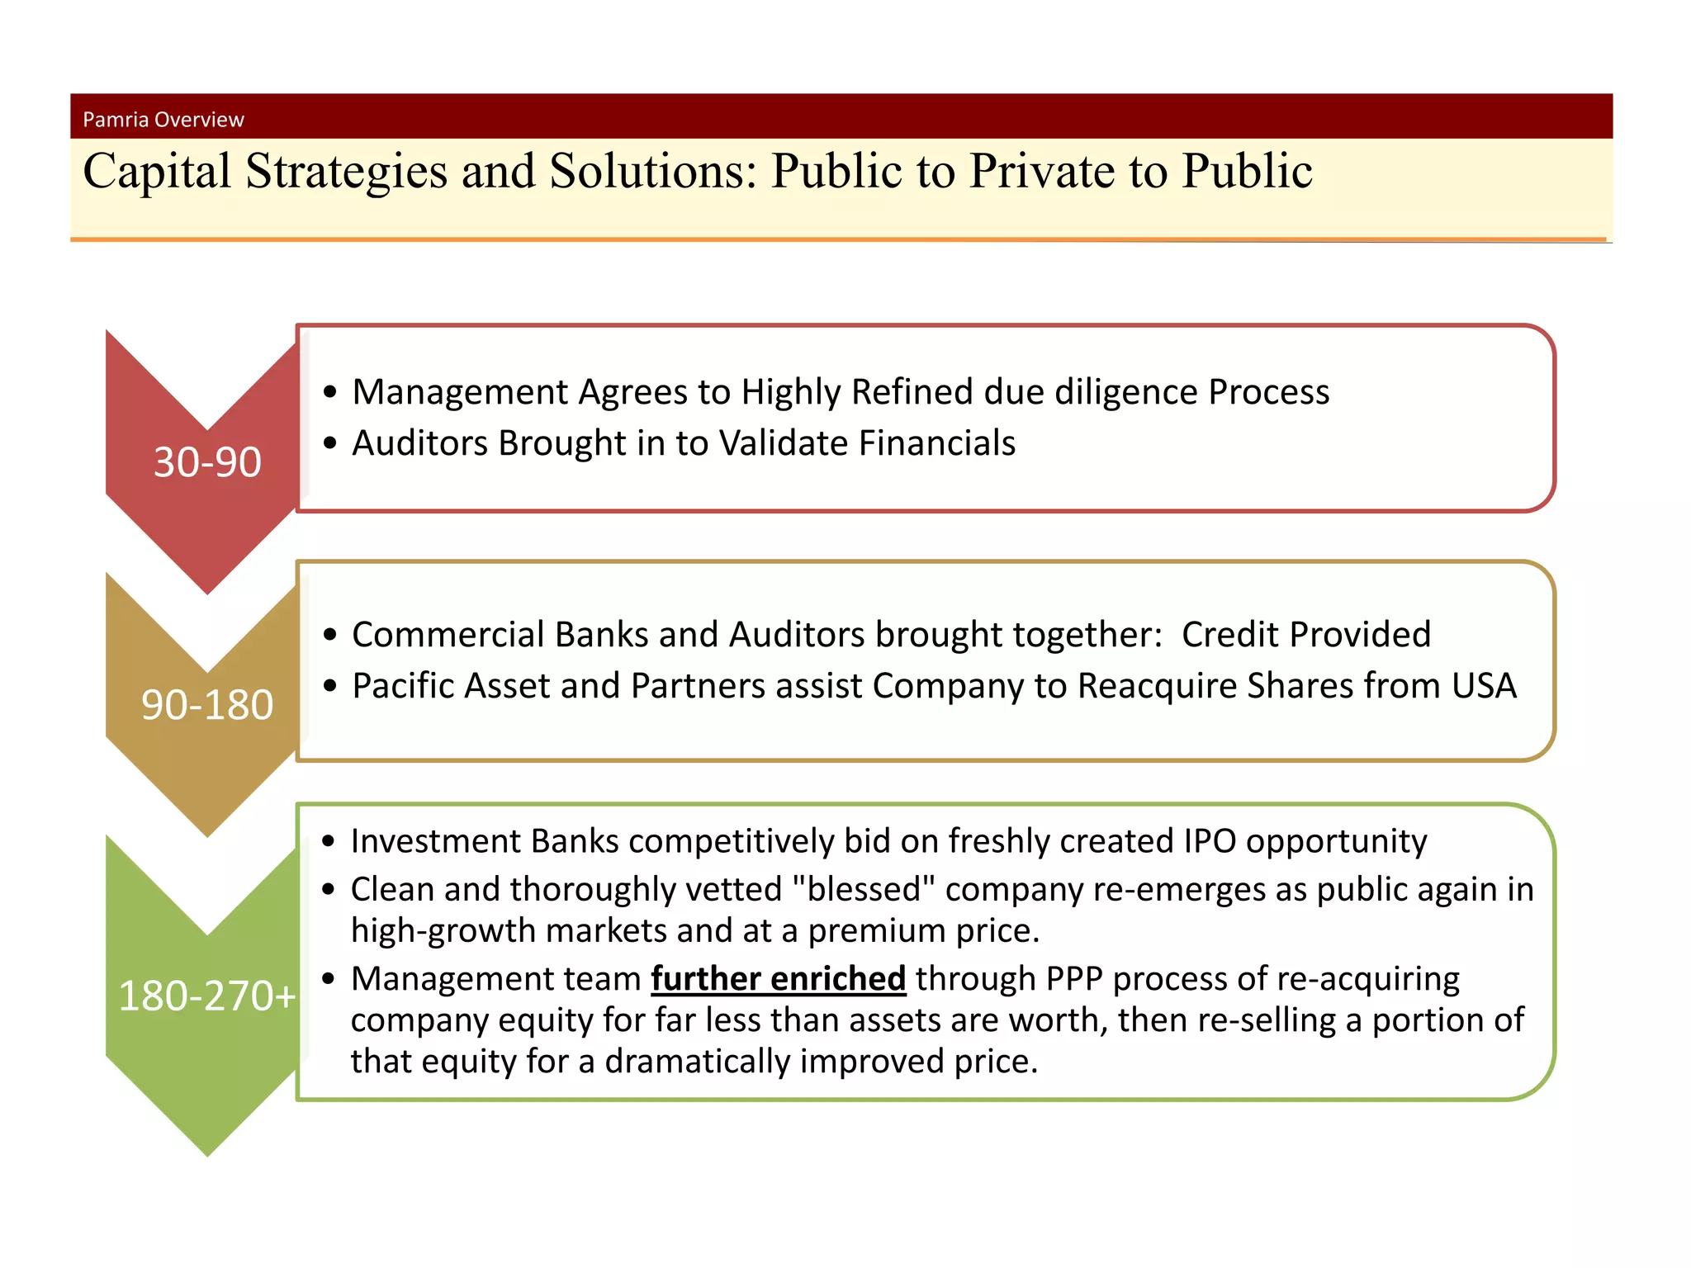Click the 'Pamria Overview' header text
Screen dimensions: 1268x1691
(x=163, y=120)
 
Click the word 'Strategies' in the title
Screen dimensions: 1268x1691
(x=347, y=172)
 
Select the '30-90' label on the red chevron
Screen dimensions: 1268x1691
(x=207, y=461)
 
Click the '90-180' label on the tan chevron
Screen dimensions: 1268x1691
(x=207, y=704)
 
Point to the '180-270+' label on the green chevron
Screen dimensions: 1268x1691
(x=207, y=996)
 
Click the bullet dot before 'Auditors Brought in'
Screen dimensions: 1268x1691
(x=330, y=443)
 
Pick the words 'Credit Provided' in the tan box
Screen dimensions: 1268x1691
(x=1305, y=635)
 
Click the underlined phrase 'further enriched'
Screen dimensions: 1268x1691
(x=778, y=979)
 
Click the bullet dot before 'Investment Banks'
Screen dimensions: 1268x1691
(x=329, y=841)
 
